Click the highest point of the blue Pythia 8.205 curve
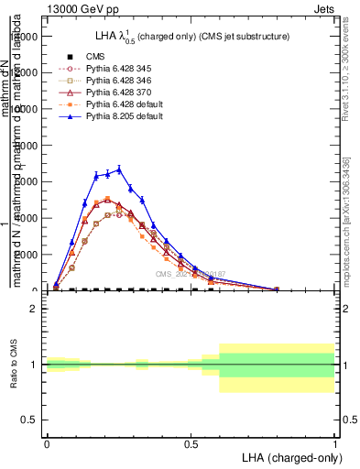click(119, 169)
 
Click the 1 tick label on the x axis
click(334, 442)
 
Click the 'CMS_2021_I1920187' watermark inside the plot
click(190, 274)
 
